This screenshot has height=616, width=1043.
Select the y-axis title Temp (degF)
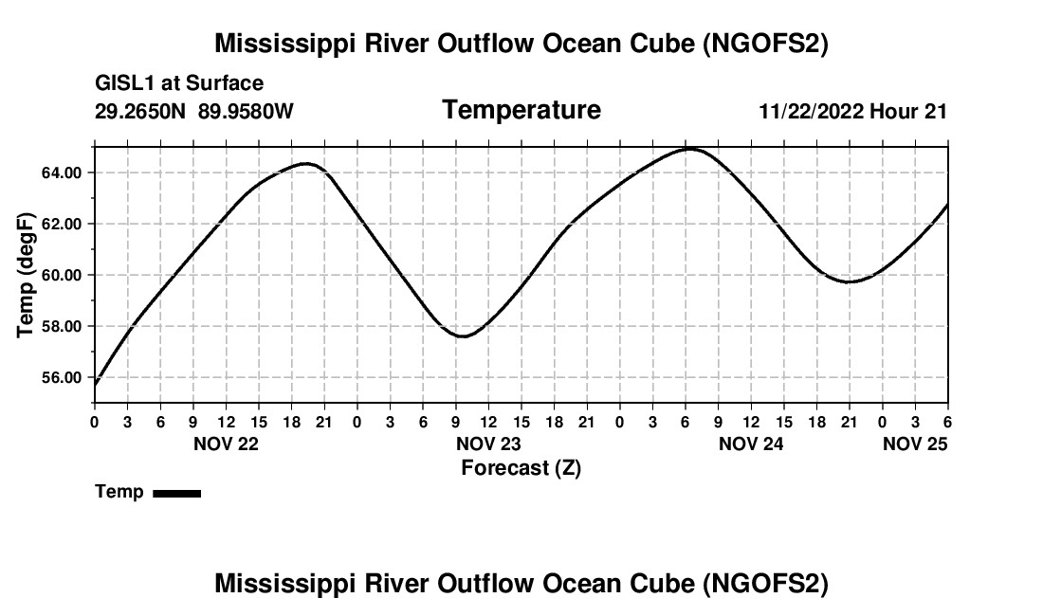point(27,275)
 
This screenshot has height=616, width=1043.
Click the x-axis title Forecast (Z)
point(521,467)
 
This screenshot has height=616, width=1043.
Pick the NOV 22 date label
point(226,444)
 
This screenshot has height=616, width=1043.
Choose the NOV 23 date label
point(488,444)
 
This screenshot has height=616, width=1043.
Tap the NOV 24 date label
point(751,444)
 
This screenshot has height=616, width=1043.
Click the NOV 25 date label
point(915,444)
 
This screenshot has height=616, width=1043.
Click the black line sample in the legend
point(176,493)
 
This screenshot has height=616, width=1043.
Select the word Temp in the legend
point(119,492)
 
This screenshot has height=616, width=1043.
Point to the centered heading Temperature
point(521,110)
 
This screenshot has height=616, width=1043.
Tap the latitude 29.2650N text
point(141,112)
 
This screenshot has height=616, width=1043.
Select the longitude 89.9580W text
point(246,112)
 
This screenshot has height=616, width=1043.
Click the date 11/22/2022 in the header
point(811,112)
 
